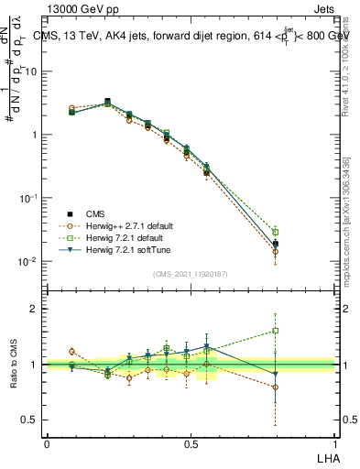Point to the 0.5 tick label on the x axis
[191, 443]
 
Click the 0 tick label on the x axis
[47, 443]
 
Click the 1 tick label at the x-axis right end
[333, 443]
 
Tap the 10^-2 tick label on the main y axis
[27, 262]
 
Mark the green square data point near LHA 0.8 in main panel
[275, 232]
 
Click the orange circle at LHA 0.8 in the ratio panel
[275, 387]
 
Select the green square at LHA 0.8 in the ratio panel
[275, 331]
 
